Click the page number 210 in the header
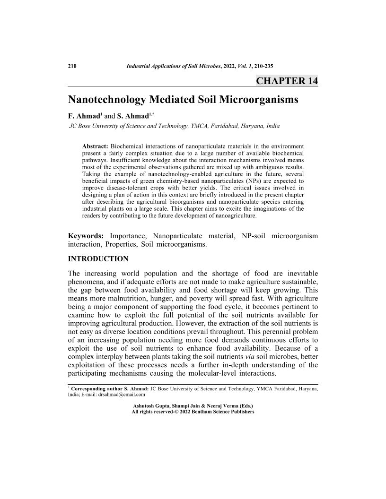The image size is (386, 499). pos(73,66)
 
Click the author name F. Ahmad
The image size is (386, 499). pos(84,116)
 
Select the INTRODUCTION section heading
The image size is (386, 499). pos(98,259)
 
